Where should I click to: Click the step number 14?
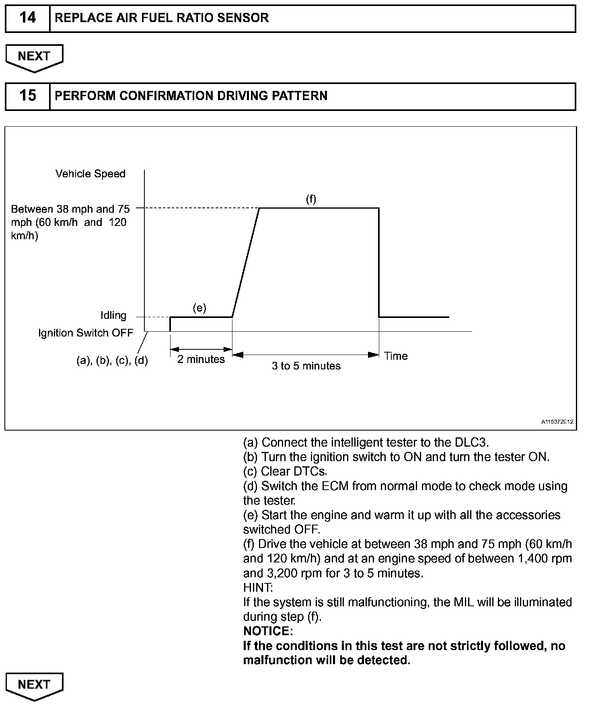click(27, 18)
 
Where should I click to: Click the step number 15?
click(27, 96)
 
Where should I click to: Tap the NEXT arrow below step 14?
click(34, 57)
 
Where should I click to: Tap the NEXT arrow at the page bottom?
click(34, 685)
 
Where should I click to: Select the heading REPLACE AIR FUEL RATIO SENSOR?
click(162, 18)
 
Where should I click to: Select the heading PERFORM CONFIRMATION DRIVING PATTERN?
click(191, 96)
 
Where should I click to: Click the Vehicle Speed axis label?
click(90, 174)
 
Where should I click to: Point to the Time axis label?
click(396, 356)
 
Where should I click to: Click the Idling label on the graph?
click(113, 316)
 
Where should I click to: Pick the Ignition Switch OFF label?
click(86, 333)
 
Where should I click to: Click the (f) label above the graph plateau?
click(311, 199)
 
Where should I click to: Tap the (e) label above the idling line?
click(199, 308)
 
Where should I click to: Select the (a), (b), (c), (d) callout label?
click(112, 361)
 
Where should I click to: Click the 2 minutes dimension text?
click(201, 359)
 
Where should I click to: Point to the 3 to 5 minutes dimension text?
click(306, 366)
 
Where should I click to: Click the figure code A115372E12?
click(557, 422)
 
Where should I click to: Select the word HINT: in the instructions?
click(258, 588)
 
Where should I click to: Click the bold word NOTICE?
click(268, 631)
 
